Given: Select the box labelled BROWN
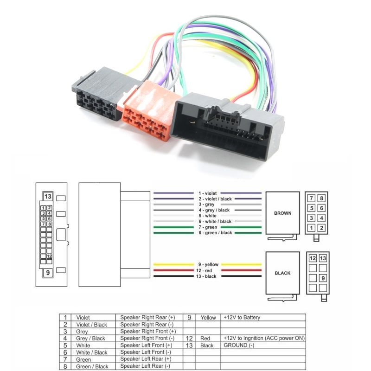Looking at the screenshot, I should (x=282, y=213).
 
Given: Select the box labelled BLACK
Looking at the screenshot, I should (x=282, y=273).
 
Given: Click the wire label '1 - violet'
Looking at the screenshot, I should (x=207, y=193).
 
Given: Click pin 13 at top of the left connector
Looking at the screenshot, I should (x=47, y=196).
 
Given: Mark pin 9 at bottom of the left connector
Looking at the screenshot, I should (x=47, y=273).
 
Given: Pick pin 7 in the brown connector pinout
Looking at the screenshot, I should (x=312, y=198).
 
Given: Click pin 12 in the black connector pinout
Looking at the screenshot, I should (x=313, y=258).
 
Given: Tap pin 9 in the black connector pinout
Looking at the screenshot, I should (x=323, y=278).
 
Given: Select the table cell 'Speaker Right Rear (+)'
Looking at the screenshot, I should (x=147, y=318).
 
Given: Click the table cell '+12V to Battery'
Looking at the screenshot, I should (x=242, y=318).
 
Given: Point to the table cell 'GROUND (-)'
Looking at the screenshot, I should (x=239, y=345).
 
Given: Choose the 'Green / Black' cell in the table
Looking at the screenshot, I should (x=92, y=366).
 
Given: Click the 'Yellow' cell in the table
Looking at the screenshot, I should (x=208, y=318).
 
